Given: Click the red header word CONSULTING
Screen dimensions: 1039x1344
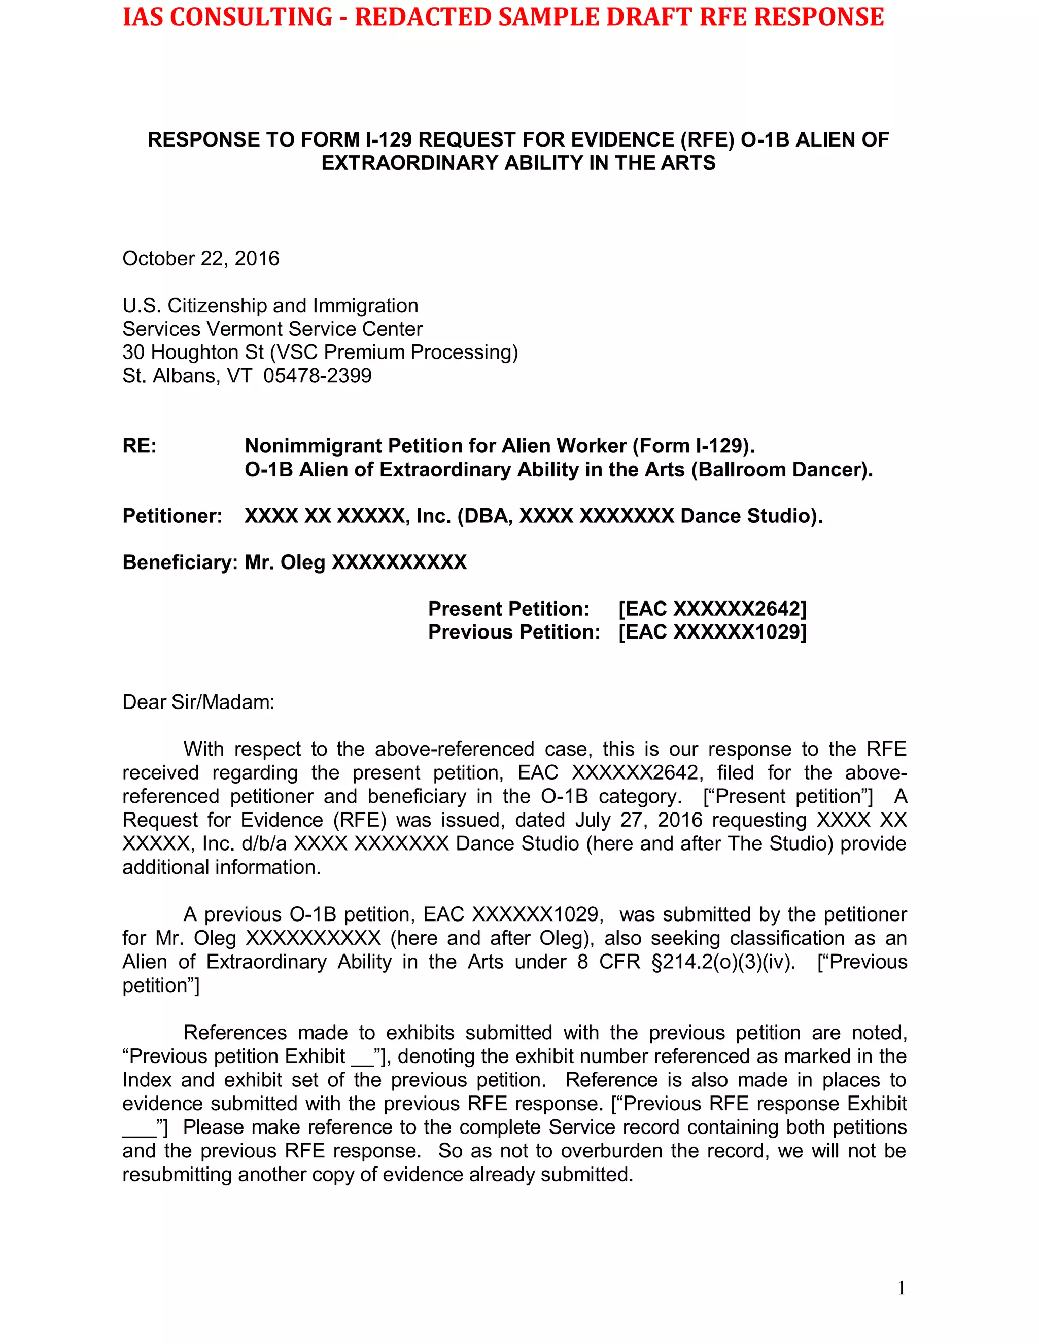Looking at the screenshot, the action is (x=251, y=17).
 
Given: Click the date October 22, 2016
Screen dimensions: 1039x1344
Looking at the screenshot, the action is (x=201, y=259).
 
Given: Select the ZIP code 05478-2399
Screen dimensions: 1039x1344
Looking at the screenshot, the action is (x=317, y=375).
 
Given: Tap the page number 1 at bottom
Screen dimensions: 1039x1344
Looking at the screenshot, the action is (x=901, y=1288).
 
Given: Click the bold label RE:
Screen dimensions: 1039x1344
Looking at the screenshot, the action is (x=140, y=445).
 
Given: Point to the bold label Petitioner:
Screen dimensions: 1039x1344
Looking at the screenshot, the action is (x=172, y=516).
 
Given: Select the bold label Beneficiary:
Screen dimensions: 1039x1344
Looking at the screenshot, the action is (x=180, y=562).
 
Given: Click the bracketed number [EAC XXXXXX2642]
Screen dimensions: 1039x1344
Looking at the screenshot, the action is (x=712, y=609).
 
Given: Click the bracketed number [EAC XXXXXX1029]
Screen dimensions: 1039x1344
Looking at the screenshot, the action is (x=712, y=632).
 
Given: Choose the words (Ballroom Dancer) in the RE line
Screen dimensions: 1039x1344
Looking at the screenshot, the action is (x=782, y=470).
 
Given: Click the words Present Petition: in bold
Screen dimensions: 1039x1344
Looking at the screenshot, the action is (x=508, y=609).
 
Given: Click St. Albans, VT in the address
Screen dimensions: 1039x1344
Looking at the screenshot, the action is (x=187, y=375).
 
